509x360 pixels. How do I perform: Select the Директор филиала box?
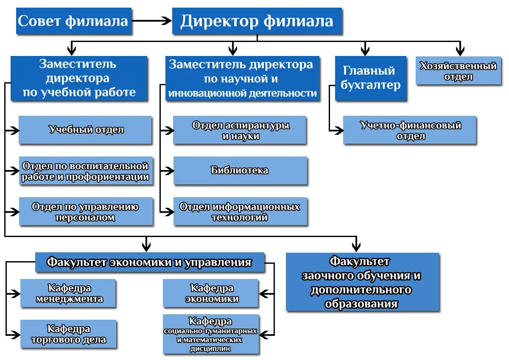[x=257, y=21]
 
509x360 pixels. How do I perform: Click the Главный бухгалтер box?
[x=370, y=78]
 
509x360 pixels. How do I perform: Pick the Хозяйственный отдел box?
[x=458, y=71]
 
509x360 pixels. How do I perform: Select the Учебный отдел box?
[x=86, y=130]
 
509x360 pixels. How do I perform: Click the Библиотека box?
[x=240, y=170]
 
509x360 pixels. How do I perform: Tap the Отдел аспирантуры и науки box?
[x=240, y=131]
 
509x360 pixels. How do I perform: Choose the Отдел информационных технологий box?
[x=240, y=212]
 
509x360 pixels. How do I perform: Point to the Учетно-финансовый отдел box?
[x=410, y=131]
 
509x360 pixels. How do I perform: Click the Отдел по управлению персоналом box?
[x=86, y=212]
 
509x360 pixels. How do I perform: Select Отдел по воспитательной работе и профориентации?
[x=86, y=171]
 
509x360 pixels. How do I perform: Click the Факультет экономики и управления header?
[x=149, y=262]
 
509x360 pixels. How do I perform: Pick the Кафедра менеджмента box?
[x=69, y=293]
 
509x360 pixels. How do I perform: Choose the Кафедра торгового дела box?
[x=69, y=334]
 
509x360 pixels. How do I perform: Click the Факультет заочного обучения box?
[x=362, y=282]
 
